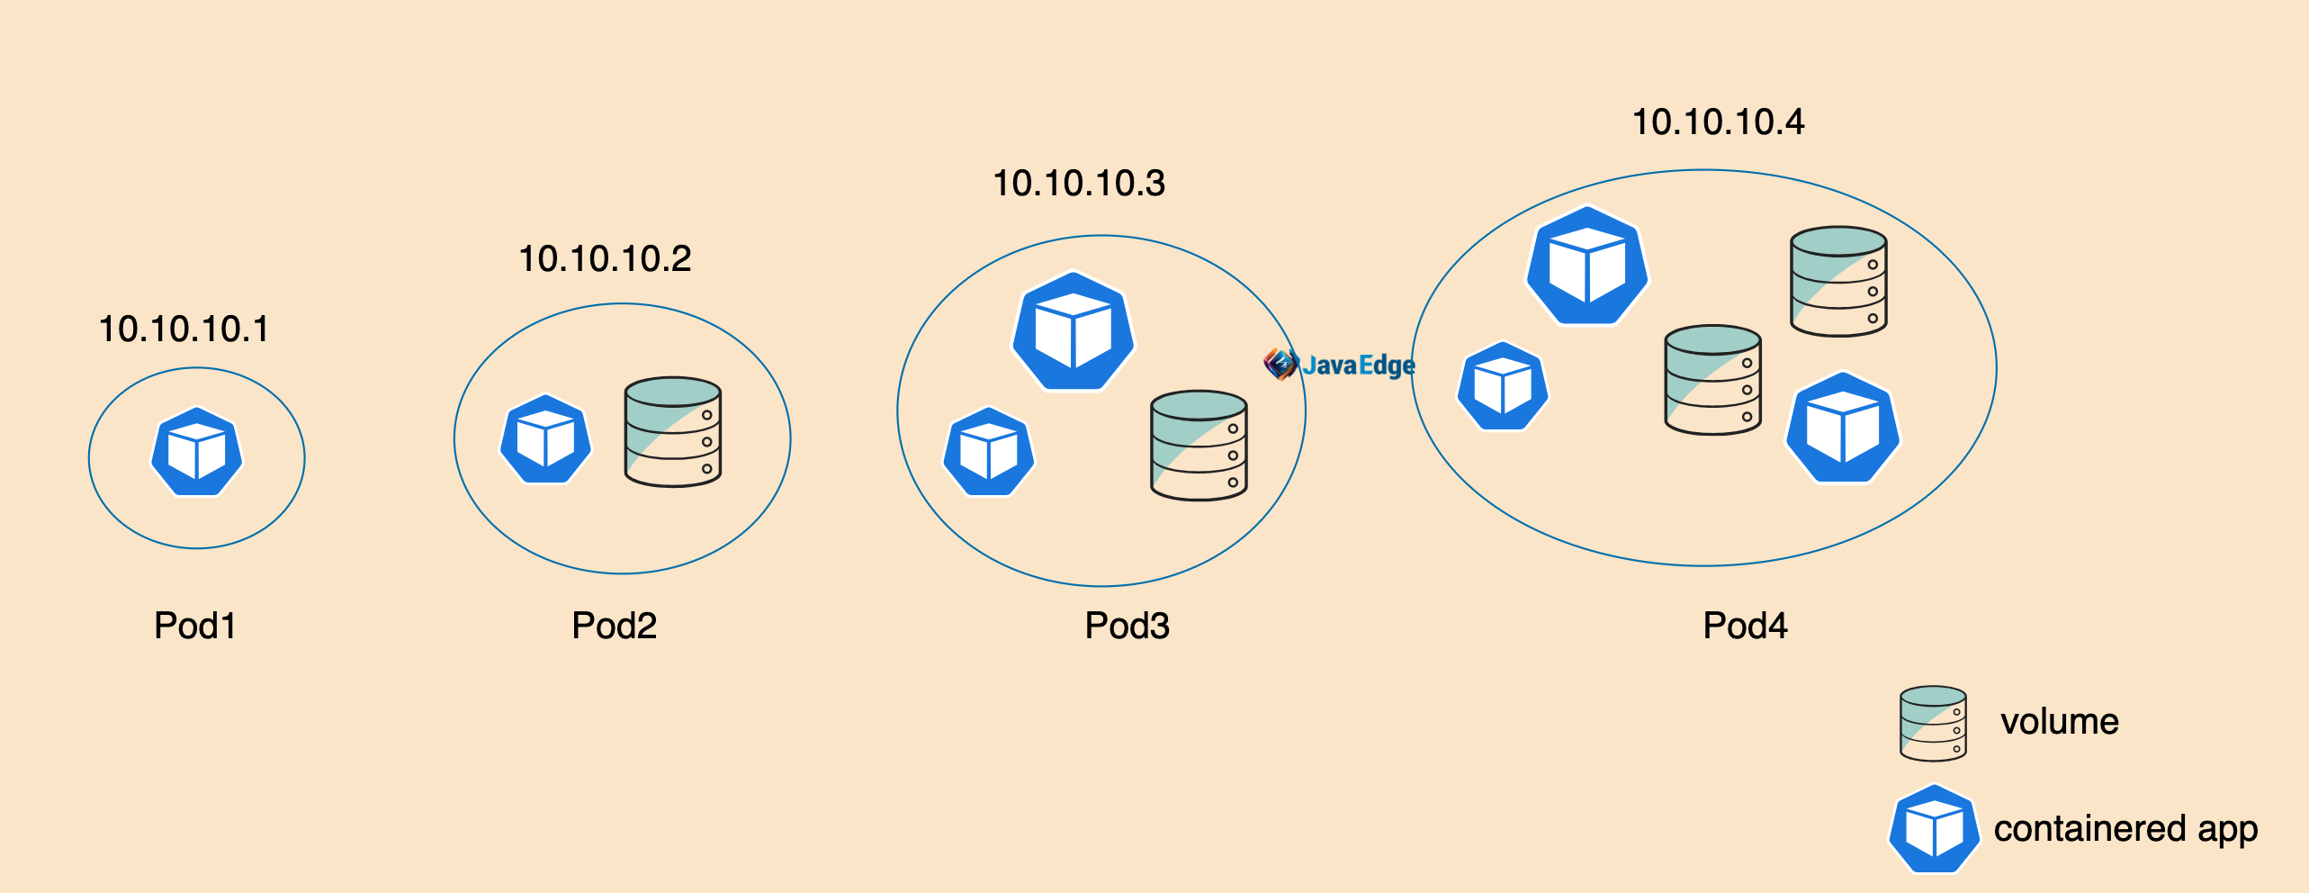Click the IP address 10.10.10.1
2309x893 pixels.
[184, 329]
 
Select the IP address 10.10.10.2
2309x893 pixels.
[605, 259]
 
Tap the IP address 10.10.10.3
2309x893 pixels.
[1079, 184]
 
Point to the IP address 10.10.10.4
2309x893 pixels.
[1718, 122]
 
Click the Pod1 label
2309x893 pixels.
[194, 626]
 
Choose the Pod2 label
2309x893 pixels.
[614, 626]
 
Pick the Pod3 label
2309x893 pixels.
[1127, 626]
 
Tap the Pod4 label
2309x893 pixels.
[1745, 626]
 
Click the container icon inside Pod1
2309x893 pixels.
[196, 452]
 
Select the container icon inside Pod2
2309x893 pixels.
[545, 440]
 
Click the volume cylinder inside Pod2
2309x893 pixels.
[673, 432]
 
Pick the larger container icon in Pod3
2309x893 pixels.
[1073, 331]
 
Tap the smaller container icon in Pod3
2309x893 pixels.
[988, 452]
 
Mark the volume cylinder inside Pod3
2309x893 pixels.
[1199, 446]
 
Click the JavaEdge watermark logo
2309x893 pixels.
[1339, 365]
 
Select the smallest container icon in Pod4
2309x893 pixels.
[1502, 386]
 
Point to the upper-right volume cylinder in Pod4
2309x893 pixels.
[1837, 282]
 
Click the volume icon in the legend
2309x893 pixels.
[1933, 723]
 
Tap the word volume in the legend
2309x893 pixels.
[2060, 722]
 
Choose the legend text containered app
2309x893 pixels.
[2125, 829]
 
